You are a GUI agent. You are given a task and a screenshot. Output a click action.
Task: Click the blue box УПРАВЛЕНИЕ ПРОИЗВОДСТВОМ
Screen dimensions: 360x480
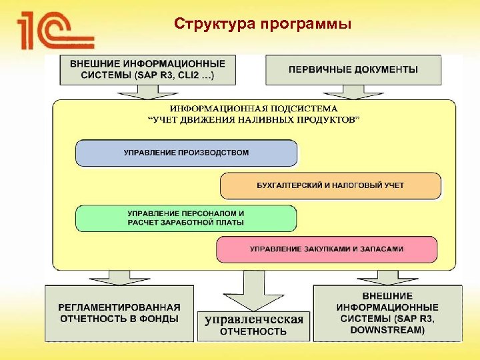point(186,153)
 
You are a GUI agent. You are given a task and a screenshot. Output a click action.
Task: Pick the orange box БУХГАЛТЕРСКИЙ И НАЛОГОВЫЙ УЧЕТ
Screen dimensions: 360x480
point(330,185)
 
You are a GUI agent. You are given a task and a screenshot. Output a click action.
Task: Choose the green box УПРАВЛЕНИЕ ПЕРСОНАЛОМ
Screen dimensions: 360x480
point(186,218)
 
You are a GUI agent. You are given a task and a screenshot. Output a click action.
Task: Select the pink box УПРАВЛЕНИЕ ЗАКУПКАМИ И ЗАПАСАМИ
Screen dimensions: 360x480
point(327,249)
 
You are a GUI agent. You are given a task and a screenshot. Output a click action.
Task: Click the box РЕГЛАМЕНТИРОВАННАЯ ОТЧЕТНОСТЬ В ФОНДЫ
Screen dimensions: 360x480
point(119,313)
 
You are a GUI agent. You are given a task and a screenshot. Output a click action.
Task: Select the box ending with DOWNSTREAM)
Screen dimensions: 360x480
point(387,313)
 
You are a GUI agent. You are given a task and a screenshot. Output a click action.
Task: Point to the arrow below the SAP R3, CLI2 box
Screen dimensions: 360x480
point(147,93)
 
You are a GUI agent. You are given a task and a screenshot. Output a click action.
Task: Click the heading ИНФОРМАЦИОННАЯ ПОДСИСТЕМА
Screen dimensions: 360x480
point(253,109)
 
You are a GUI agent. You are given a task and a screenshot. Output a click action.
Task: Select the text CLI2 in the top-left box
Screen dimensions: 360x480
point(201,75)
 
